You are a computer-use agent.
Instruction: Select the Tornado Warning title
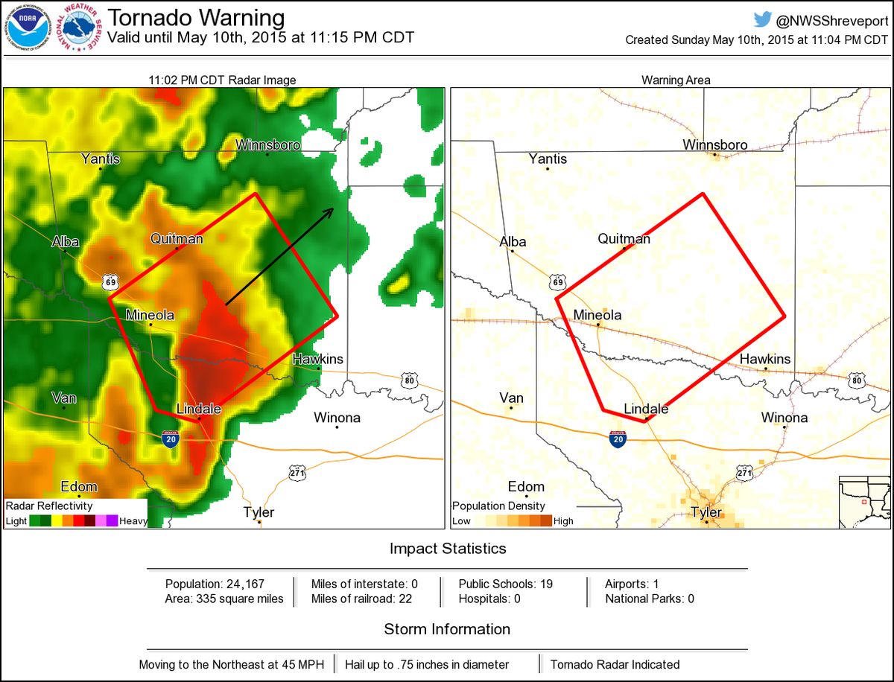[x=197, y=18]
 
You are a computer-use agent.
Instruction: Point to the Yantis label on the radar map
[x=101, y=158]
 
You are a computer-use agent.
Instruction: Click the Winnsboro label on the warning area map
[x=715, y=144]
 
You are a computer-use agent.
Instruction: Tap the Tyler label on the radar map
[x=259, y=512]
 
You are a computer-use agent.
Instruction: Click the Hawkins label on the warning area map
[x=765, y=359]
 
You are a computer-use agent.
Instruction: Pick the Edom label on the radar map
[x=79, y=487]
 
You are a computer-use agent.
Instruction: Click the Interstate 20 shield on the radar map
[x=170, y=438]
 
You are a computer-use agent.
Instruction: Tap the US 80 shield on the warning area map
[x=856, y=381]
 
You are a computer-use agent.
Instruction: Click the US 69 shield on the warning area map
[x=558, y=282]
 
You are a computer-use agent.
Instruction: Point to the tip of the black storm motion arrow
[x=332, y=210]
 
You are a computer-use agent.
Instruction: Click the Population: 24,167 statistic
[x=215, y=584]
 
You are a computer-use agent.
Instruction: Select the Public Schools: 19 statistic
[x=505, y=584]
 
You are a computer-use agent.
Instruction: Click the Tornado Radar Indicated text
[x=615, y=664]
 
